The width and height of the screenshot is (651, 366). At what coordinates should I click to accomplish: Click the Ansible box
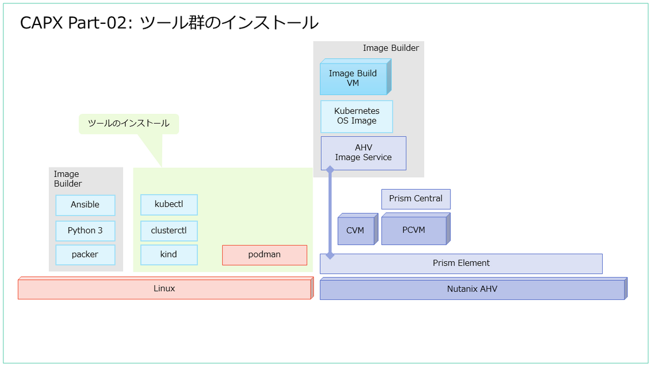tap(86, 205)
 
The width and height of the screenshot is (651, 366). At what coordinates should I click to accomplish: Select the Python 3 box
tap(86, 231)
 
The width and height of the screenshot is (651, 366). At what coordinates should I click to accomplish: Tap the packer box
tap(86, 255)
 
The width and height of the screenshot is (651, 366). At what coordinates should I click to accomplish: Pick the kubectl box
tap(169, 205)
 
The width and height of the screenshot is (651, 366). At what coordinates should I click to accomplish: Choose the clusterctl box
tap(169, 231)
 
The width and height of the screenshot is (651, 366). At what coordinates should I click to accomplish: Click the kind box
tap(169, 255)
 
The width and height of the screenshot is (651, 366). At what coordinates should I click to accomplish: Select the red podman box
tap(265, 255)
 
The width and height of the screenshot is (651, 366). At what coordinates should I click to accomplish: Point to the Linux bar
tap(165, 288)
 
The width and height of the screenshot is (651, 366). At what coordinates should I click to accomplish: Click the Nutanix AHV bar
tap(474, 288)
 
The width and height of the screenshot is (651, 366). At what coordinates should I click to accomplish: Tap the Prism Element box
tap(461, 264)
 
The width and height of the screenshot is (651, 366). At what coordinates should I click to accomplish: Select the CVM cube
tap(358, 229)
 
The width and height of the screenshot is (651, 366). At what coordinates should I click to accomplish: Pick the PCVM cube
tap(416, 229)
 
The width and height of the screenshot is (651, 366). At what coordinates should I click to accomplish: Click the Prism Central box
tap(416, 200)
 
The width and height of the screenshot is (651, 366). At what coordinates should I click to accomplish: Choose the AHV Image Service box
tap(363, 153)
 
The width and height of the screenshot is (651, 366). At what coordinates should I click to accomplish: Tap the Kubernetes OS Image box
tap(356, 117)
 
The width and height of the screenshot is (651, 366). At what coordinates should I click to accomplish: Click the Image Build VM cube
tap(356, 77)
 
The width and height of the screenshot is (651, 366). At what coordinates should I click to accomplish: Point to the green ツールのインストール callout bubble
tap(129, 124)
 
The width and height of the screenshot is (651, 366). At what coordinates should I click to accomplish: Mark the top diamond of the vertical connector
tap(330, 169)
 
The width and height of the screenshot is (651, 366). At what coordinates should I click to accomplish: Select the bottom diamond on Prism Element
tap(330, 255)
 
